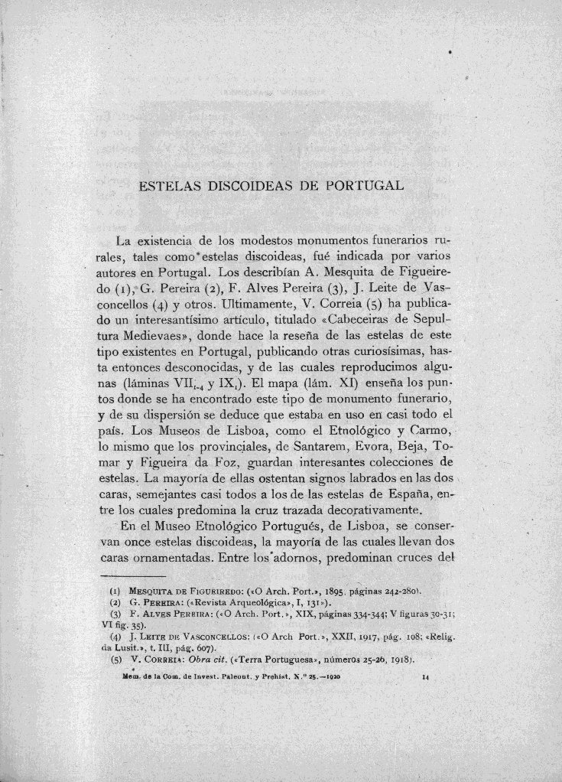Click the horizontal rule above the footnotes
(132, 575)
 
